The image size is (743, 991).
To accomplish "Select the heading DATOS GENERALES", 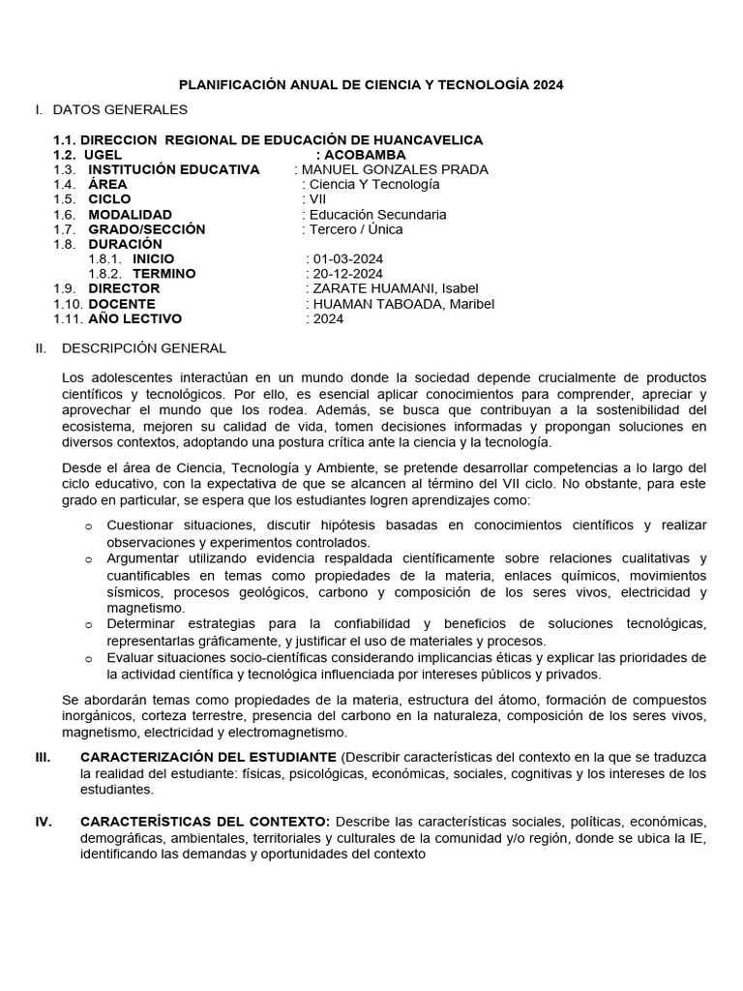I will (x=120, y=109).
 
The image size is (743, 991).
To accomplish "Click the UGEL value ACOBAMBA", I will (x=366, y=155).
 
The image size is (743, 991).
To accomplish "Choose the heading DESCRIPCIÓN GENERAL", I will (x=144, y=347).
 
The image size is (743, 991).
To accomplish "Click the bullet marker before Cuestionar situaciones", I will (x=88, y=526).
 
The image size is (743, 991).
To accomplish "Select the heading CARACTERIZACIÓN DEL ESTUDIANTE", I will (x=209, y=756).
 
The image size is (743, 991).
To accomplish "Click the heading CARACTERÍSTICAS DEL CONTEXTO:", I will (x=206, y=822).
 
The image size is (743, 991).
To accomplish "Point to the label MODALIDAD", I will (x=131, y=215).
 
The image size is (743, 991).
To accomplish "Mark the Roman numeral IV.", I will (x=44, y=822).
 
